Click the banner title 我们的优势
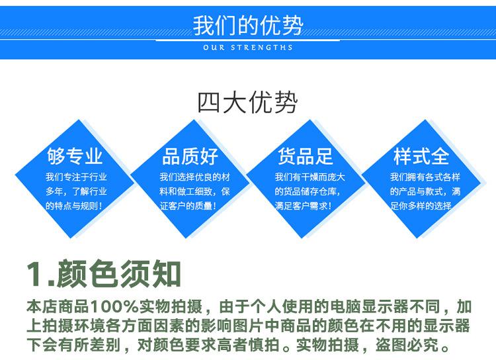click(248, 25)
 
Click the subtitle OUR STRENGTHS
click(248, 48)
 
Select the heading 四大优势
click(248, 103)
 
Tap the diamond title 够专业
click(75, 156)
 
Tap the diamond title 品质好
click(190, 156)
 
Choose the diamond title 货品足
click(306, 156)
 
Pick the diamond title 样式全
click(421, 156)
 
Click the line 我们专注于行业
click(76, 177)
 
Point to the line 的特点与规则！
click(74, 206)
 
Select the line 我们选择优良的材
click(194, 177)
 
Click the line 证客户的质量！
click(188, 206)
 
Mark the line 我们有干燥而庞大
click(310, 177)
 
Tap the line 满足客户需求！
click(304, 206)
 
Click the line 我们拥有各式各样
click(425, 177)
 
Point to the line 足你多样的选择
click(421, 206)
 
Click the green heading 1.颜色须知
click(104, 274)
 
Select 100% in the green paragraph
click(115, 306)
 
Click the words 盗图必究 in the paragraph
click(407, 345)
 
